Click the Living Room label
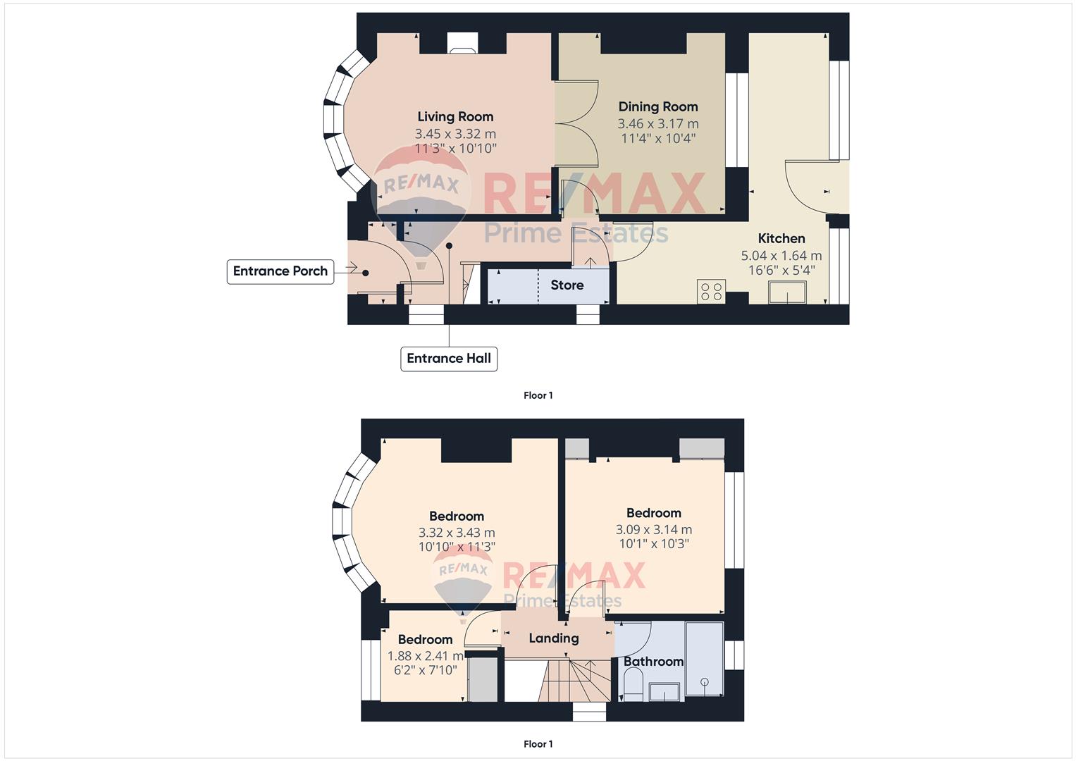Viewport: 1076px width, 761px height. tap(455, 117)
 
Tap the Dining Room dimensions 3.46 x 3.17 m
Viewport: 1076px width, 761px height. tap(658, 124)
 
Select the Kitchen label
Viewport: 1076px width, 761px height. tap(781, 238)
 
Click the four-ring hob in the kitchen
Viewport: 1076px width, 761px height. tap(711, 292)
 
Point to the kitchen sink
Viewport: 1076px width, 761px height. tap(787, 292)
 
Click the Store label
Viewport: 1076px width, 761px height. tap(567, 285)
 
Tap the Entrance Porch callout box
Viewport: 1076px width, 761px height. tap(280, 271)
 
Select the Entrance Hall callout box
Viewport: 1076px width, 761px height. tap(449, 359)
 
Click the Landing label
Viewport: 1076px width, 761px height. tap(553, 638)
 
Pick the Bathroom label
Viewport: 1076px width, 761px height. tap(653, 662)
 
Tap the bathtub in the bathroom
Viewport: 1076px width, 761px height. tap(704, 659)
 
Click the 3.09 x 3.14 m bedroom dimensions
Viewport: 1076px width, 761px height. tap(654, 529)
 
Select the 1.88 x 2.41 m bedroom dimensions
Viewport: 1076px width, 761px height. tap(426, 656)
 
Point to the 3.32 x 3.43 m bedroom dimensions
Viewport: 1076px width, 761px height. tap(457, 532)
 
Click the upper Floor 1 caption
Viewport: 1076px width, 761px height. tap(538, 395)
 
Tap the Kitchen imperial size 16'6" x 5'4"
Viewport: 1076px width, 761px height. tap(781, 271)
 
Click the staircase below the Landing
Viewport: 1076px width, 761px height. tap(574, 680)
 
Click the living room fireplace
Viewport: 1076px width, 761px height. tap(462, 43)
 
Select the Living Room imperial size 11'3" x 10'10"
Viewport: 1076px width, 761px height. tap(455, 149)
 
